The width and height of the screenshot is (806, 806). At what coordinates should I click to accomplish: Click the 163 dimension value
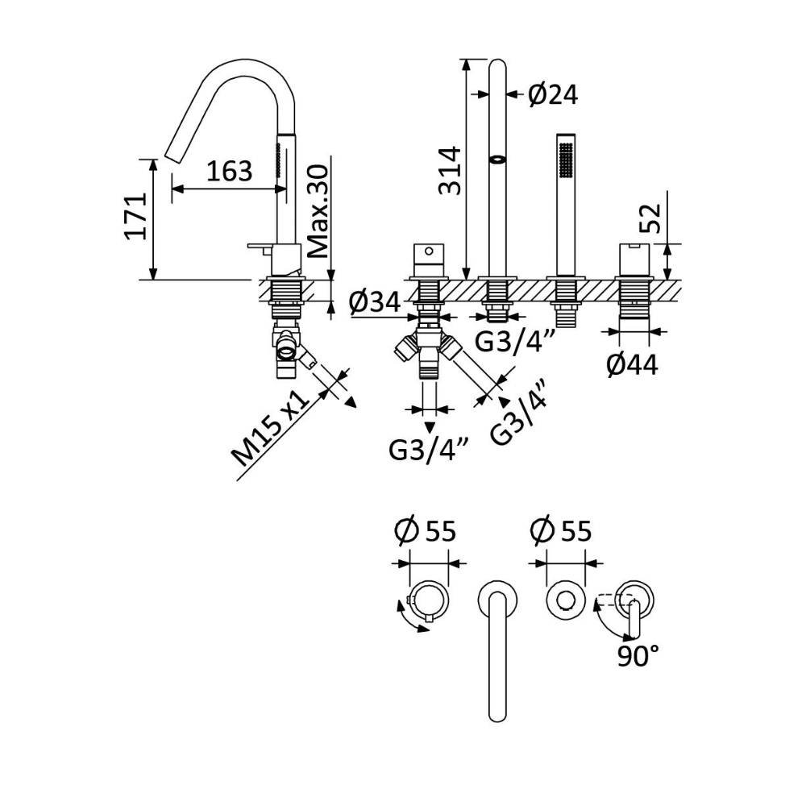pos(229,171)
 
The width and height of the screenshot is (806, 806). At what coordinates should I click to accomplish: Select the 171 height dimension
pos(137,216)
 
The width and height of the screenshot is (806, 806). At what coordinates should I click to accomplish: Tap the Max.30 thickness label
pos(318,211)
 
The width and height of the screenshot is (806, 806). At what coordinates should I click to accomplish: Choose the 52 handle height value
pos(650,218)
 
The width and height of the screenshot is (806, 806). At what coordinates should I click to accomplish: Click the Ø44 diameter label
pos(632,365)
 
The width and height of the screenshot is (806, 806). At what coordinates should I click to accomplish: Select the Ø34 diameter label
pos(374,302)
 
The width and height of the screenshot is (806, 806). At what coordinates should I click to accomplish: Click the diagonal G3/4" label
pos(517,412)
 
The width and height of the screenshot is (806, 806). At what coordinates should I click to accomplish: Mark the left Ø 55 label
pos(425,530)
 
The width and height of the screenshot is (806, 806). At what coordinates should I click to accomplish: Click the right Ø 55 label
pos(561,530)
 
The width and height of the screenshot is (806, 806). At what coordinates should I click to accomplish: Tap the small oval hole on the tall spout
pos(497,160)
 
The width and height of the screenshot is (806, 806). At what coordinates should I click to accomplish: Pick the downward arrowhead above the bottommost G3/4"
pos(430,427)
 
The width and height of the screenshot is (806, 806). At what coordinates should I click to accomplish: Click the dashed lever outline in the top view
pos(615,600)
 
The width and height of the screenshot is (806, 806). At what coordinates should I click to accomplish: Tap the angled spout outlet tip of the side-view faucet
pos(172,156)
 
